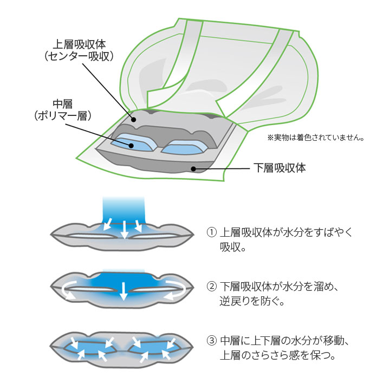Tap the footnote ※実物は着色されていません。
pyautogui.click(x=315, y=138)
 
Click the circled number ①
pyautogui.click(x=212, y=232)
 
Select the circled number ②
pyautogui.click(x=212, y=287)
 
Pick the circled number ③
pyautogui.click(x=212, y=342)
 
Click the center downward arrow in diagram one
pyautogui.click(x=124, y=229)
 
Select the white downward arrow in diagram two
pyautogui.click(x=124, y=291)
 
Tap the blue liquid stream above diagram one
pyautogui.click(x=124, y=209)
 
